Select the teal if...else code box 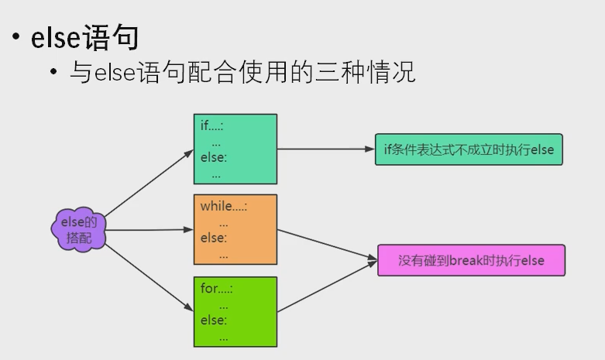coord(235,149)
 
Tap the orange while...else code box coord(235,230)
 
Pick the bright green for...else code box coord(235,311)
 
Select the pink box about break coord(471,260)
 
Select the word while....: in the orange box coord(223,207)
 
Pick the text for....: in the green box coord(217,288)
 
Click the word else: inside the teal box coord(213,157)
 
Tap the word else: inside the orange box coord(213,238)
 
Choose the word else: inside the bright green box coord(213,319)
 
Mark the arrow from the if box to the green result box coord(325,149)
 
